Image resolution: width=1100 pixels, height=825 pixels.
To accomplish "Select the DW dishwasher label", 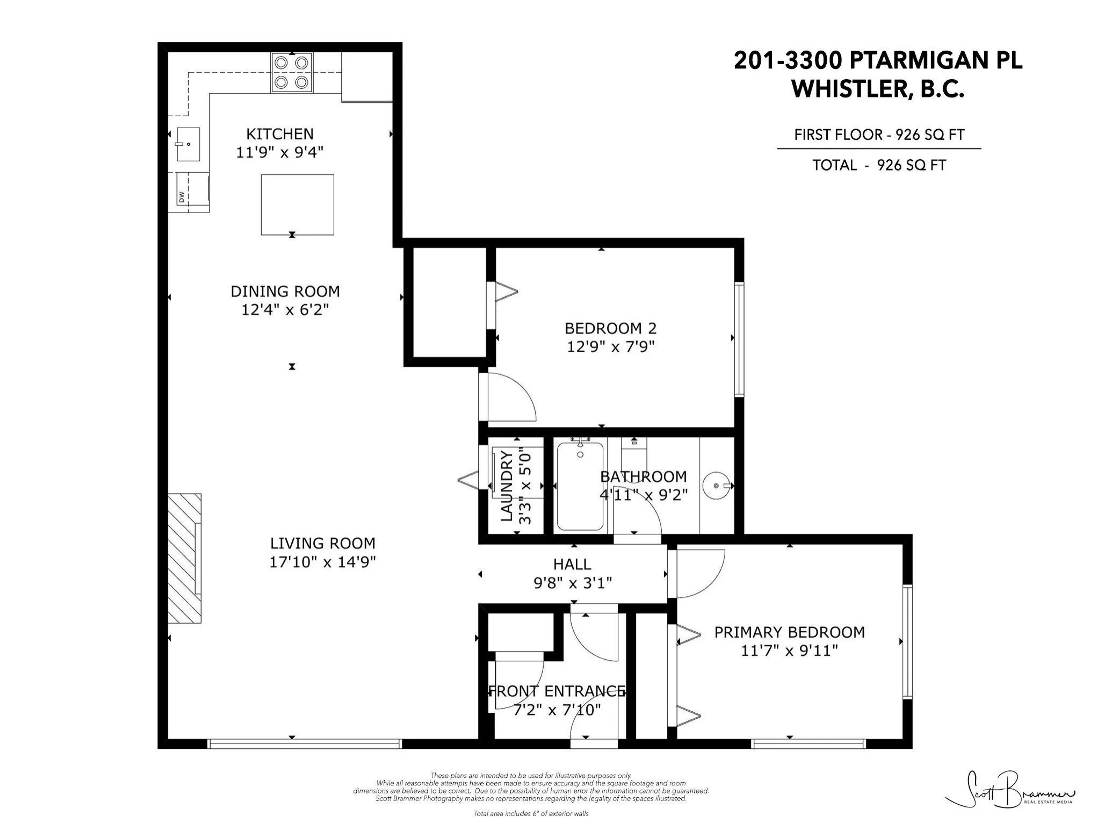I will [182, 197].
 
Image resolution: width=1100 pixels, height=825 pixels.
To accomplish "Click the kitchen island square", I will [297, 204].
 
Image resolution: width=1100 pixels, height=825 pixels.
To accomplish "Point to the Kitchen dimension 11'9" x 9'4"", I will [280, 152].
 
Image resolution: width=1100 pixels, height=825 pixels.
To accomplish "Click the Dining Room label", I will [285, 291].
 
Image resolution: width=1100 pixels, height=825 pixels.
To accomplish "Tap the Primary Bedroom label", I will [789, 632].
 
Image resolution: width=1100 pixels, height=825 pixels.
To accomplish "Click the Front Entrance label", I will [557, 691].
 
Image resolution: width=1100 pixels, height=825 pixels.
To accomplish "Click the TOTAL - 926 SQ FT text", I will [879, 165].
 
